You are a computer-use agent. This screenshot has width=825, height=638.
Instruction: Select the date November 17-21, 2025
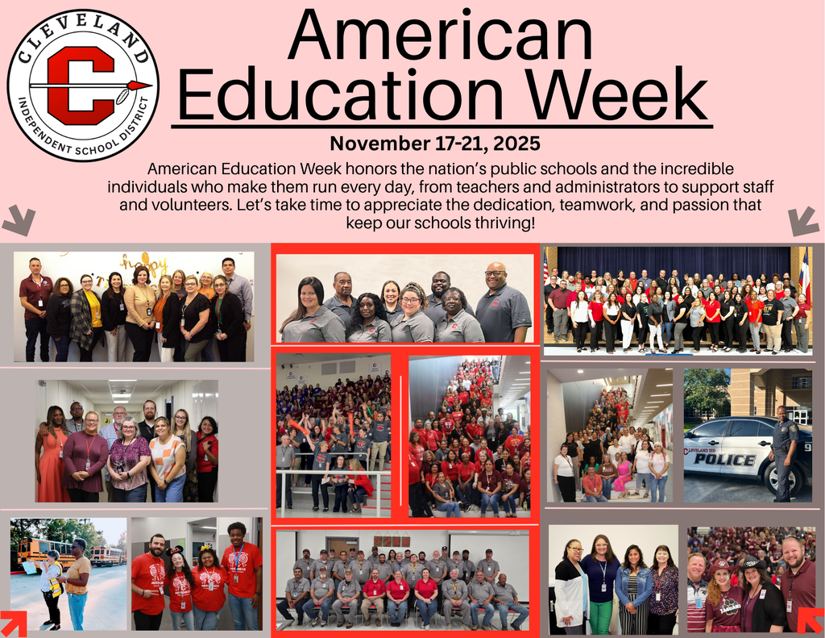pyautogui.click(x=435, y=144)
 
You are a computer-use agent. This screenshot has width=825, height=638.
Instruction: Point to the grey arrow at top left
pyautogui.click(x=18, y=219)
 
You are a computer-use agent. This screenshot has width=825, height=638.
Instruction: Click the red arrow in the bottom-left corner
pyautogui.click(x=14, y=622)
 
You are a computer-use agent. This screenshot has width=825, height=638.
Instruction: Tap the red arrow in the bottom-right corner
pyautogui.click(x=810, y=622)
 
